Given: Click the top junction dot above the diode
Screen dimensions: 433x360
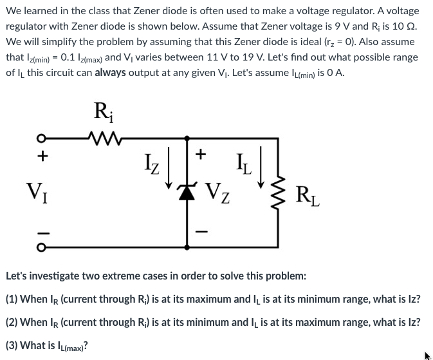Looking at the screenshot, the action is pyautogui.click(x=187, y=137).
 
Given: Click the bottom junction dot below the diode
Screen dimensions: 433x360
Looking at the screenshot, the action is pyautogui.click(x=187, y=245).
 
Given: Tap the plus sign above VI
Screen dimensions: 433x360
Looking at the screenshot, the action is pyautogui.click(x=41, y=155).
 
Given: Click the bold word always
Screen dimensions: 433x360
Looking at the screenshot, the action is pyautogui.click(x=113, y=72).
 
